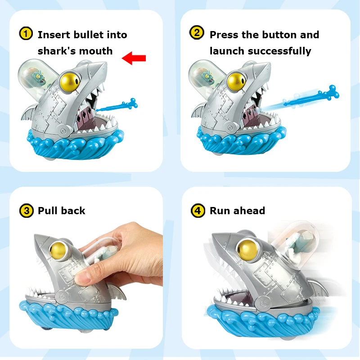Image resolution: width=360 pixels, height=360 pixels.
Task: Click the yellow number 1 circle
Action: point(27,34)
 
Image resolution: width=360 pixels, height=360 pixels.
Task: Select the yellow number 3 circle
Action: point(27,210)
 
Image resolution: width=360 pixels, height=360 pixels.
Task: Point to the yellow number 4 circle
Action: point(198,210)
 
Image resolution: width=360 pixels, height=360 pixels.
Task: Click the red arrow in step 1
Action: point(134,58)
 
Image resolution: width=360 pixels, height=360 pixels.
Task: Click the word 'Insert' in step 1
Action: point(53,35)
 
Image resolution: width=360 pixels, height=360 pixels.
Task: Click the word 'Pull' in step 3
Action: point(49,211)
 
